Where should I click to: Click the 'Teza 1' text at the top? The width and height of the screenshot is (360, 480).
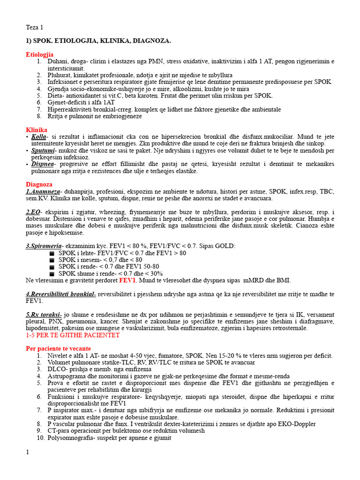point(34,28)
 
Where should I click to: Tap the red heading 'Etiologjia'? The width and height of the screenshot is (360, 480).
point(39,55)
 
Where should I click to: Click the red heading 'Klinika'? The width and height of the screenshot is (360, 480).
point(36,129)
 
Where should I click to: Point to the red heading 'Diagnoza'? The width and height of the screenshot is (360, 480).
point(39,185)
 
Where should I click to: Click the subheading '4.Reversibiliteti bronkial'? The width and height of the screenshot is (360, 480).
point(60,294)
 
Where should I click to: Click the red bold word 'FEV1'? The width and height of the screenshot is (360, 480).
point(127,280)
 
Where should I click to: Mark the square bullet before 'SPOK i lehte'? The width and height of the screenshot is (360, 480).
point(51,253)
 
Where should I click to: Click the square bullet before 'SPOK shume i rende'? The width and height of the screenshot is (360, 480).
point(51,274)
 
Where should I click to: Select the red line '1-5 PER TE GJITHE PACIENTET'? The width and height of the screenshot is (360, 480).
point(73,335)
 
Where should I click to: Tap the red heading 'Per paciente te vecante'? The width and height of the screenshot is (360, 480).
point(58,349)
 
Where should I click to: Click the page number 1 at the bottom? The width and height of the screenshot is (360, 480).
point(27,452)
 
